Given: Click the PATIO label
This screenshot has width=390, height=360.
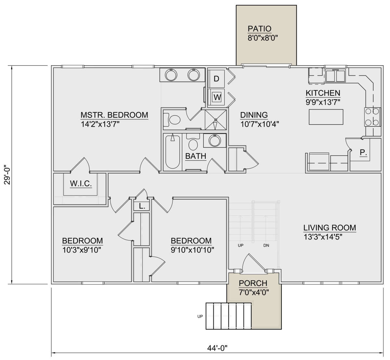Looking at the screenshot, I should pyautogui.click(x=259, y=29).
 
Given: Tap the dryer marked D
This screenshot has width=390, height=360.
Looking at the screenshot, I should pyautogui.click(x=216, y=78).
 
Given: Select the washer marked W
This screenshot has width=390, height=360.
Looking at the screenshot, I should pyautogui.click(x=217, y=97).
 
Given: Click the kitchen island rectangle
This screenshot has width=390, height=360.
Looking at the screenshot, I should pyautogui.click(x=326, y=117).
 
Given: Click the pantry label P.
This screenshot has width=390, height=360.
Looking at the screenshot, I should pyautogui.click(x=363, y=153).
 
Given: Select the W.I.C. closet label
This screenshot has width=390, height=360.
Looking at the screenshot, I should pyautogui.click(x=81, y=184).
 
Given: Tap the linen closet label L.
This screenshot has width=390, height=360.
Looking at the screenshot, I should pyautogui.click(x=141, y=206).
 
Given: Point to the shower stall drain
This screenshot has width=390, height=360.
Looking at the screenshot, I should pyautogui.click(x=215, y=119).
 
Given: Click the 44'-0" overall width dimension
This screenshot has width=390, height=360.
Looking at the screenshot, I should pyautogui.click(x=217, y=348).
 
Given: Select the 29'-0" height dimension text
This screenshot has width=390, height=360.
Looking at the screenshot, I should pyautogui.click(x=7, y=175).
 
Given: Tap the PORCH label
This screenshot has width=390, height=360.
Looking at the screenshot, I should pyautogui.click(x=253, y=283).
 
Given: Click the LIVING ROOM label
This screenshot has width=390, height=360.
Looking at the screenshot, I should pyautogui.click(x=330, y=228).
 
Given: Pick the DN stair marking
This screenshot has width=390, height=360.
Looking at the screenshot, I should pyautogui.click(x=266, y=246).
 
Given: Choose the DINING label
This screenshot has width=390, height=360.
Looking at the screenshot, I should pyautogui.click(x=254, y=115).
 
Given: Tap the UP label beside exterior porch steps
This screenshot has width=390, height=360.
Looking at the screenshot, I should pyautogui.click(x=201, y=316).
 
